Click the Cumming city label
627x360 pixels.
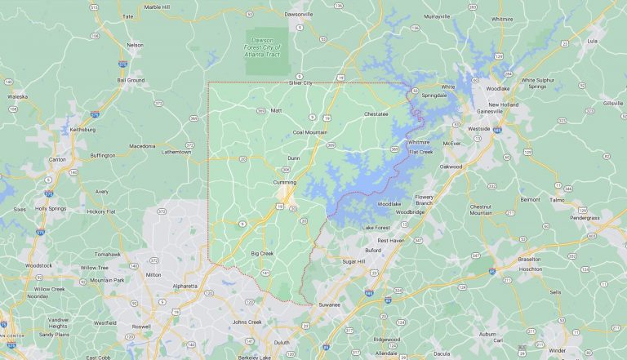pos(285,182)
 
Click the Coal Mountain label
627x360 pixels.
pos(309,131)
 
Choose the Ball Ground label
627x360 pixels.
pos(131,81)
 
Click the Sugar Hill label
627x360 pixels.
pos(354,261)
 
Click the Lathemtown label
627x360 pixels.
pos(176,152)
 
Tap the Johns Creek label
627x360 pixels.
pos(247,322)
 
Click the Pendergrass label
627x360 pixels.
pos(585,218)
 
